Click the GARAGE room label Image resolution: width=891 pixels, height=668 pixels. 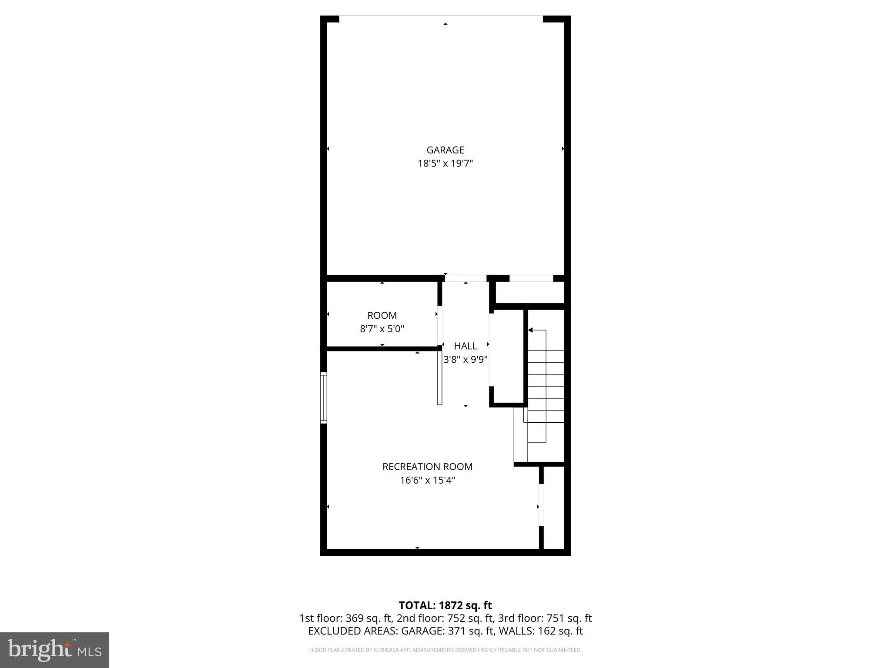[x=445, y=150]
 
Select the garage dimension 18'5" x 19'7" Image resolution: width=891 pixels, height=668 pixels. [x=445, y=164]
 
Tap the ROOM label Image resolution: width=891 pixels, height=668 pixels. [x=382, y=315]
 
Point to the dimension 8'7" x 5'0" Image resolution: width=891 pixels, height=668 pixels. [x=382, y=329]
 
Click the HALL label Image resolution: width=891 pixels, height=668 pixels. [x=466, y=346]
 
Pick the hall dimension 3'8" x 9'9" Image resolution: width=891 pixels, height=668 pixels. [x=466, y=360]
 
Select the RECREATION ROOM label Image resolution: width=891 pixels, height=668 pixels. [x=427, y=467]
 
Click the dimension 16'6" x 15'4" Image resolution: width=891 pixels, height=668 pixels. [x=427, y=481]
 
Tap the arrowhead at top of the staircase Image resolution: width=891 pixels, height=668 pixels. [x=530, y=331]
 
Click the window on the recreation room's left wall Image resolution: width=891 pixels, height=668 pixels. [x=324, y=397]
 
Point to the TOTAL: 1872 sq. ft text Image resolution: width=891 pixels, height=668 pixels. [x=445, y=605]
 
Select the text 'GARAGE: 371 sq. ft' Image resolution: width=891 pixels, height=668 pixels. [x=448, y=631]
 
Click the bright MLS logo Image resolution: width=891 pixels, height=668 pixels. [x=54, y=650]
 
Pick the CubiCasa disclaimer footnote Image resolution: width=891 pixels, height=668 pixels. [x=445, y=650]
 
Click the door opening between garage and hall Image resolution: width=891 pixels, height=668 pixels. [x=465, y=278]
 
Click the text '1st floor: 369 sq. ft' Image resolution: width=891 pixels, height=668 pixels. [x=346, y=618]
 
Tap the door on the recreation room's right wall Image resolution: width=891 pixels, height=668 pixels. [x=541, y=505]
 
